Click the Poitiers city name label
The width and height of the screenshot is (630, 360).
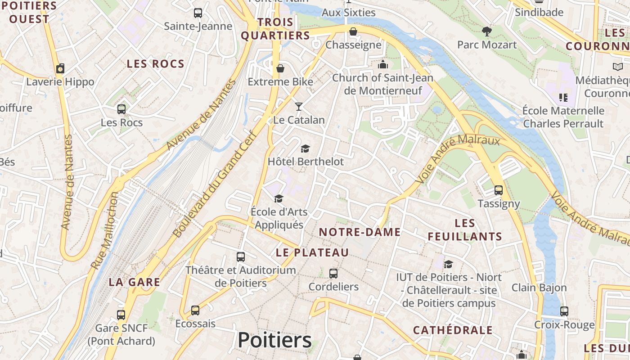pyautogui.click(x=274, y=340)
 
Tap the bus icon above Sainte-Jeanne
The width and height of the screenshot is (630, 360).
pyautogui.click(x=198, y=13)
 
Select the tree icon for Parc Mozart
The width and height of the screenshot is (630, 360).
pyautogui.click(x=486, y=31)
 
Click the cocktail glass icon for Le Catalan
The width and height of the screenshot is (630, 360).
pyautogui.click(x=299, y=107)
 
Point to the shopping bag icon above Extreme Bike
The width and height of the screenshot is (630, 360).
pyautogui.click(x=280, y=68)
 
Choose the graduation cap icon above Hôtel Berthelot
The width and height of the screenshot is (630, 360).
pyautogui.click(x=306, y=149)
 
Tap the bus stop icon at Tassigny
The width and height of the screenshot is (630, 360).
pyautogui.click(x=499, y=190)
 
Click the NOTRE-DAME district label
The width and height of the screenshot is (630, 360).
pyautogui.click(x=360, y=232)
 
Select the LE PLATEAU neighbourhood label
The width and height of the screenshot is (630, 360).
pyautogui.click(x=312, y=252)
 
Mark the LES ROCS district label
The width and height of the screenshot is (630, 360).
pyautogui.click(x=156, y=64)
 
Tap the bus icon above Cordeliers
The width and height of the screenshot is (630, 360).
pyautogui.click(x=333, y=274)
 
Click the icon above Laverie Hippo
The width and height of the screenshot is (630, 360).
pyautogui.click(x=60, y=68)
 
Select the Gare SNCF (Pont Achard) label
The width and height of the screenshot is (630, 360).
pyautogui.click(x=121, y=334)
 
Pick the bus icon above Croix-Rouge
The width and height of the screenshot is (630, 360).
pyautogui.click(x=564, y=311)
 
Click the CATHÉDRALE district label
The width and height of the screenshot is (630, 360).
pyautogui.click(x=453, y=330)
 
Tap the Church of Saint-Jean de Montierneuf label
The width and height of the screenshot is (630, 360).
pyautogui.click(x=383, y=84)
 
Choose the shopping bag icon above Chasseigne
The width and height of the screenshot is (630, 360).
pyautogui.click(x=353, y=31)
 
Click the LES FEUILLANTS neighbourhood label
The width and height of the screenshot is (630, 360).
pyautogui.click(x=465, y=229)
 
